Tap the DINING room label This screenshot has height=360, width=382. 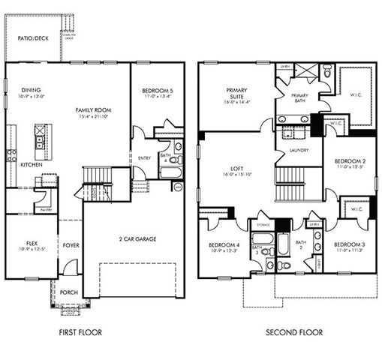click(31, 90)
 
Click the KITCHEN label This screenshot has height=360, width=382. click(31, 164)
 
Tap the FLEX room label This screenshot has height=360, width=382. click(31, 243)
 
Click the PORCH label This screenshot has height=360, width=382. click(69, 292)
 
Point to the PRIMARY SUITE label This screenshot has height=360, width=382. click(238, 93)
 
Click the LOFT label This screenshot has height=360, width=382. click(238, 168)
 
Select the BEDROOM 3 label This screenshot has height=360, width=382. click(349, 244)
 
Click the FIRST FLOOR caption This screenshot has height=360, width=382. click(80, 331)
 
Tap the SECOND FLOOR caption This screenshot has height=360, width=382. click(293, 331)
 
